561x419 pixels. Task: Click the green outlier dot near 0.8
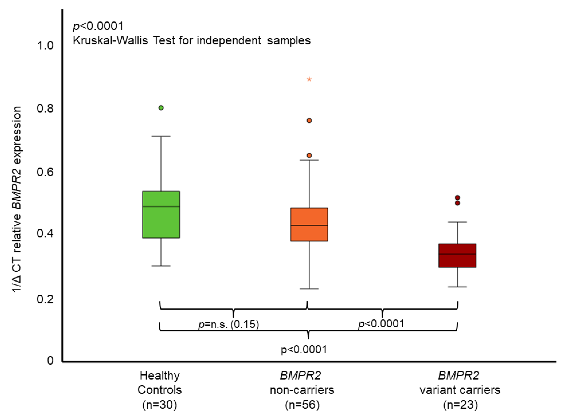pyautogui.click(x=161, y=108)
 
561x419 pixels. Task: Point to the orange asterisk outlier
pyautogui.click(x=309, y=80)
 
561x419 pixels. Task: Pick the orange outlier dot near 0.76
pyautogui.click(x=309, y=121)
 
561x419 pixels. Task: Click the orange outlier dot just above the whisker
pyautogui.click(x=309, y=156)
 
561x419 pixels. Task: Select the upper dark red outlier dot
pyautogui.click(x=457, y=198)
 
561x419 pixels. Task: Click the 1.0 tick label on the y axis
pyautogui.click(x=45, y=46)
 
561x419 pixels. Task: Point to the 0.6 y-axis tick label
pyautogui.click(x=45, y=172)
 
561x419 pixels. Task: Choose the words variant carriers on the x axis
pyautogui.click(x=460, y=390)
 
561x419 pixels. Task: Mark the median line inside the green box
pyautogui.click(x=161, y=206)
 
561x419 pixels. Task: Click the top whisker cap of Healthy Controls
pyautogui.click(x=161, y=136)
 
